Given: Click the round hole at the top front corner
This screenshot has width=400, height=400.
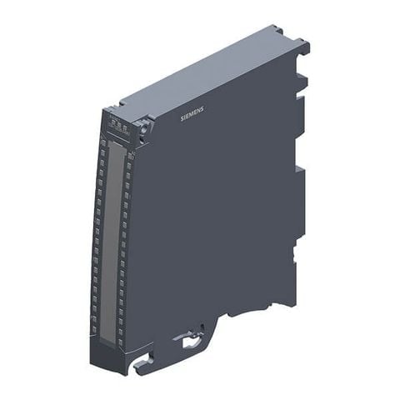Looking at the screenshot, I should [x=142, y=127].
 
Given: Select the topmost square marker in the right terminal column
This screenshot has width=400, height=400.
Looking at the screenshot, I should [x=129, y=155].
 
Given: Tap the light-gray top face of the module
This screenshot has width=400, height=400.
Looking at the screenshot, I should [x=208, y=75].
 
